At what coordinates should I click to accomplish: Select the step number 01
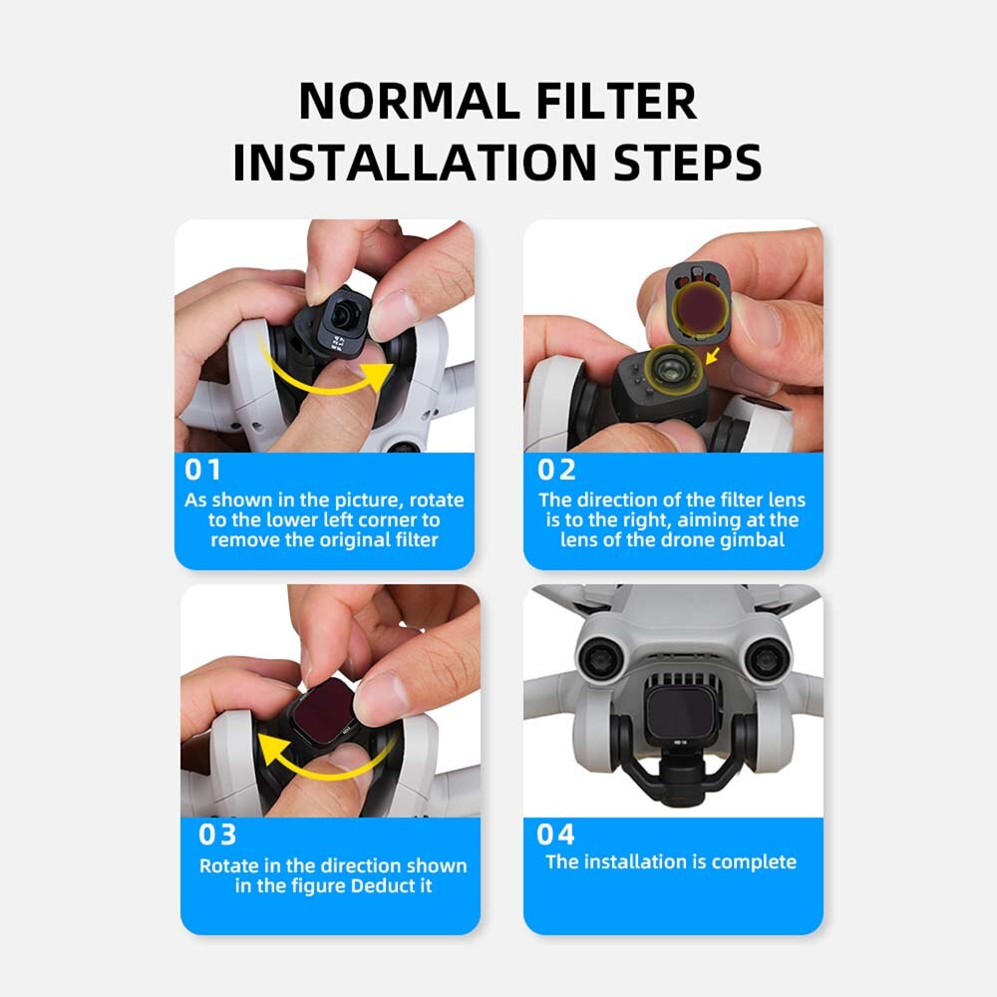(x=203, y=470)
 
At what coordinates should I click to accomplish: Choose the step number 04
(x=556, y=833)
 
